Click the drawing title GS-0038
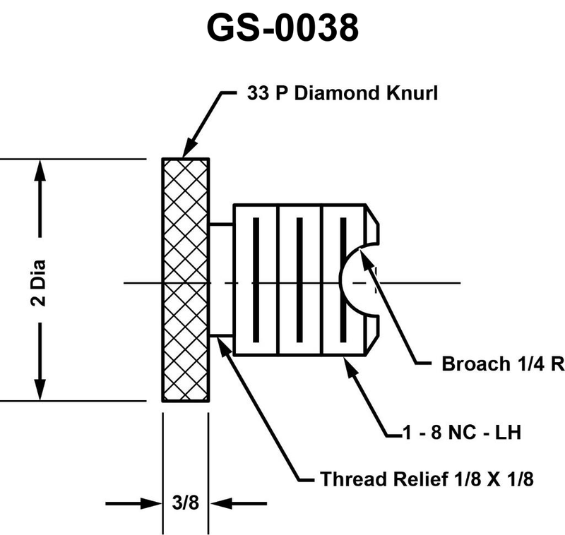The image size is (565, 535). pos(283,28)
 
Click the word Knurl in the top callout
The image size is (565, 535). pos(412,93)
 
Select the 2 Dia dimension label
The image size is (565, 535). pos(38,283)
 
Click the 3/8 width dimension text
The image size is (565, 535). pos(186,503)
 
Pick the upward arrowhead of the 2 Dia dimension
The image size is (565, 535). pos(40,171)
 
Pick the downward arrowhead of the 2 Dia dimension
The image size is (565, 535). pos(40,389)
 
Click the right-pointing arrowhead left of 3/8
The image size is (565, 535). pos(150,503)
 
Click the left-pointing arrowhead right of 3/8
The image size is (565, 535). pos(220,503)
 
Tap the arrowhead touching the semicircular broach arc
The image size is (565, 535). pos(366,258)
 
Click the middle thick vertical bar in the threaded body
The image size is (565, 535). pos(299,279)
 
